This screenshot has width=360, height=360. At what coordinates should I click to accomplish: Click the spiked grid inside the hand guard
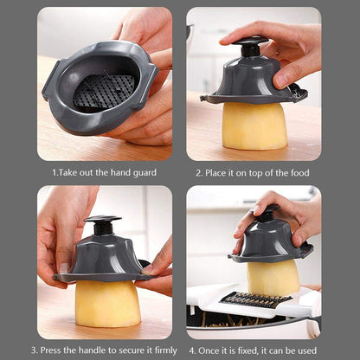(104, 90)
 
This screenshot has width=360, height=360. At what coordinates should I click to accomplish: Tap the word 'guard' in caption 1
(143, 172)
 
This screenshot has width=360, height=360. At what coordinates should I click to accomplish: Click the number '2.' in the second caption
(198, 172)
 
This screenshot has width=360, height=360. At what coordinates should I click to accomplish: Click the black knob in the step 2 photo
(250, 43)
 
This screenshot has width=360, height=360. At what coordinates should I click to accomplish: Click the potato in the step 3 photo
(108, 303)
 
